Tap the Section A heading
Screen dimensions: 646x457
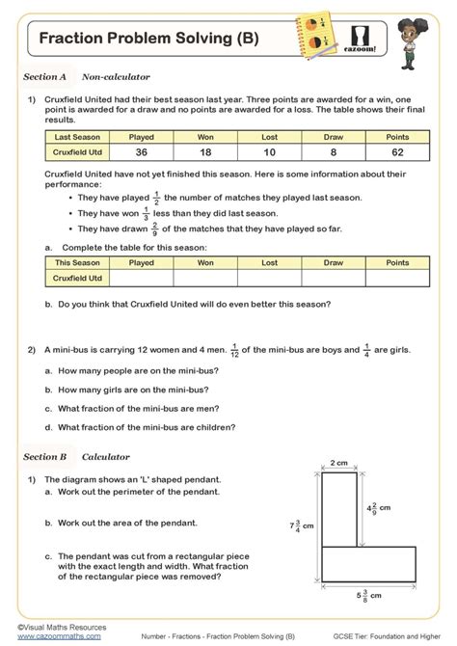tap(44, 75)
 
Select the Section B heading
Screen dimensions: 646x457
tap(44, 456)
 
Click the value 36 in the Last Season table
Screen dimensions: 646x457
tap(141, 152)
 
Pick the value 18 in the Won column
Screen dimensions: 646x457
tap(205, 152)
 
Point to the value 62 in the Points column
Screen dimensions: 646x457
tap(397, 152)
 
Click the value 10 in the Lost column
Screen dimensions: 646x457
tap(269, 152)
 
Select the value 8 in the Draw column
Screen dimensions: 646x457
tap(334, 152)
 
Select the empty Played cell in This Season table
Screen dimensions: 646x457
tap(141, 278)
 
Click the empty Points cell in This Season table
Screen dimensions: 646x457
tap(397, 278)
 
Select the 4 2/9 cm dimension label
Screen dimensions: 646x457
tap(379, 507)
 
